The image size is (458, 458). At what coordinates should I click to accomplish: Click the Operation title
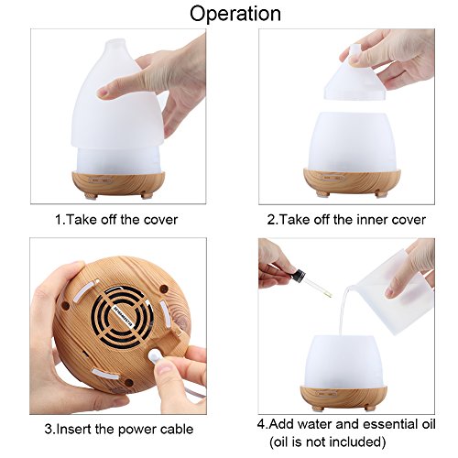coord(235,14)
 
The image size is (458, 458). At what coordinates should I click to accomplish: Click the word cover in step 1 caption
coord(160,220)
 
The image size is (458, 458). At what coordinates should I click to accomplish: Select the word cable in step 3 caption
coord(177,430)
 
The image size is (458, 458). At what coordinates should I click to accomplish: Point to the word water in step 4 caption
coord(314,424)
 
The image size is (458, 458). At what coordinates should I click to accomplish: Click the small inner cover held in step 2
coord(354,75)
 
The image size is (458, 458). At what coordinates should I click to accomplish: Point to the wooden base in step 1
coord(118,184)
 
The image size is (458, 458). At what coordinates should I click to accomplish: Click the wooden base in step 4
coord(343,397)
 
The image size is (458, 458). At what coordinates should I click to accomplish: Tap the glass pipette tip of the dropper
coord(329,295)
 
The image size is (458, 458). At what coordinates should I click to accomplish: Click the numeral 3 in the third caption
coord(49,430)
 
